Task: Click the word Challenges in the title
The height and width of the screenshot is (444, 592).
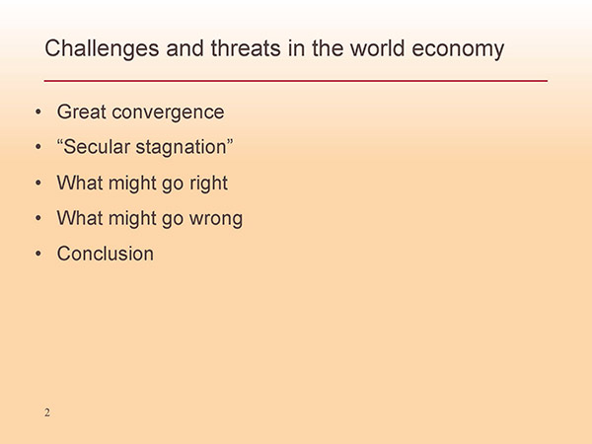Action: pyautogui.click(x=102, y=49)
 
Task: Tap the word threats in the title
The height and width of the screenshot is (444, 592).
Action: pyautogui.click(x=246, y=48)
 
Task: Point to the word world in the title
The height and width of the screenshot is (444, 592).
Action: pyautogui.click(x=378, y=48)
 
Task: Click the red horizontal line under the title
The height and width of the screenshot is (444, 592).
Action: pyautogui.click(x=296, y=81)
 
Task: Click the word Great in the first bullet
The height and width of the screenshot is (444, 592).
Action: pyautogui.click(x=82, y=111)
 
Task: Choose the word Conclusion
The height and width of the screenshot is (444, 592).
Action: pyautogui.click(x=106, y=254)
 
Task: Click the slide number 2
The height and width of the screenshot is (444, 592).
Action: pyautogui.click(x=47, y=412)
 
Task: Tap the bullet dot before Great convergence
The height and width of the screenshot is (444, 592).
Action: pyautogui.click(x=38, y=111)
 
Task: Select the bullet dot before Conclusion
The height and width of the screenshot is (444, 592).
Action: pyautogui.click(x=38, y=254)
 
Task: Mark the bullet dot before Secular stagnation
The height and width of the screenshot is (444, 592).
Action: pyautogui.click(x=38, y=147)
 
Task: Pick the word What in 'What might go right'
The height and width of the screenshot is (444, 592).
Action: pyautogui.click(x=80, y=183)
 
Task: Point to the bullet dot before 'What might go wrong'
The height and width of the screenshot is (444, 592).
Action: pyautogui.click(x=38, y=218)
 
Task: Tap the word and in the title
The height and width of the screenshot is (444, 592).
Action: pyautogui.click(x=185, y=48)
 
